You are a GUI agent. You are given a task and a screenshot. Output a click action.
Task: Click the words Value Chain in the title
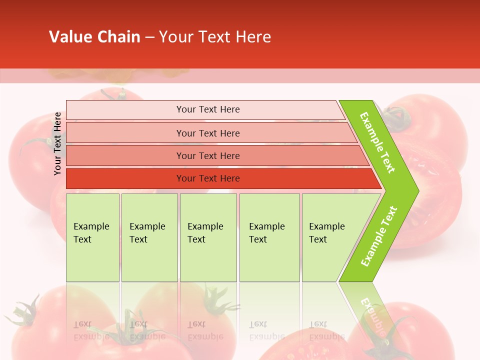(94, 37)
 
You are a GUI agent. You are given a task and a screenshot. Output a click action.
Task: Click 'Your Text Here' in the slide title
(215, 37)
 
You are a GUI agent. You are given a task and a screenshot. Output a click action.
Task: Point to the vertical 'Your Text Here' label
(57, 143)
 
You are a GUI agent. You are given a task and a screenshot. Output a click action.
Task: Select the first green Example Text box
(92, 237)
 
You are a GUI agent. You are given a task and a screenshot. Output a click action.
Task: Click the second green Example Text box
(149, 237)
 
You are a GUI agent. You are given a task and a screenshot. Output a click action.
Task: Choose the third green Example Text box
(208, 237)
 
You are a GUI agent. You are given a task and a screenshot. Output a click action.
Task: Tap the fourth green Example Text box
(269, 237)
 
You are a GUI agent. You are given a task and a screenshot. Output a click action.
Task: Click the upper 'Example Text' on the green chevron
(378, 142)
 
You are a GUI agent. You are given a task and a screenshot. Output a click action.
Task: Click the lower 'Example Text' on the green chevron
(379, 236)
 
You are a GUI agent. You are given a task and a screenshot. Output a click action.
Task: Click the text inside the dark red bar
(208, 178)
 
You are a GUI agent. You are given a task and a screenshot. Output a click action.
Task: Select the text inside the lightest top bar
(208, 109)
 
